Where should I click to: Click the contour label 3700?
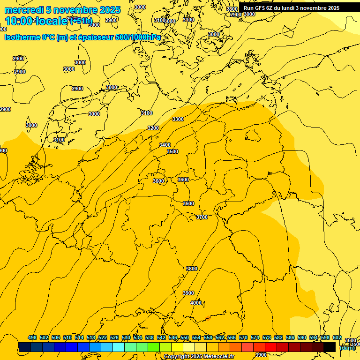pos(202,217)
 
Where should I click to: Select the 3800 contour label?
pos(192,269)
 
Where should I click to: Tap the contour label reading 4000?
pos(196,303)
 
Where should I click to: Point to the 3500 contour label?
pos(172,151)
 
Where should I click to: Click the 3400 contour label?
pos(165,145)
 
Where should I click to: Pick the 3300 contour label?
pos(178,119)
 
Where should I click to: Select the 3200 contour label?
pos(153,128)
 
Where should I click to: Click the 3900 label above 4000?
pos(188,293)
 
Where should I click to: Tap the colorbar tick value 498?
pos(32,337)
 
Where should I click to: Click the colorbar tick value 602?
pos(337,337)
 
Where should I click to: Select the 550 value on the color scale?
pos(185,337)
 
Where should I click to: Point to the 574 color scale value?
pos(255,337)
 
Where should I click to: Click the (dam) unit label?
pos(347,348)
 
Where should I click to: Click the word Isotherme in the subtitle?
pos(22,37)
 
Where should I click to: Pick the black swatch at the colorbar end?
pos(330,347)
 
